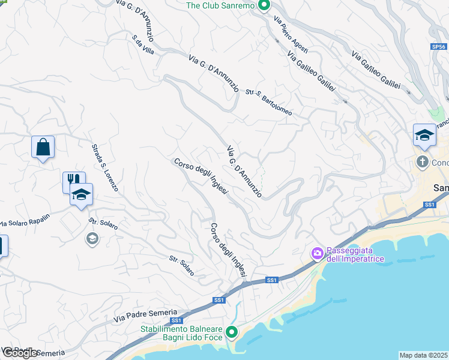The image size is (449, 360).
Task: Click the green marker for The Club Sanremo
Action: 264,6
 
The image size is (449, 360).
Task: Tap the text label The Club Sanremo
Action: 221,6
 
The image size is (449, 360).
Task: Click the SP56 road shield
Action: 439,46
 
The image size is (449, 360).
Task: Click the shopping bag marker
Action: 43,147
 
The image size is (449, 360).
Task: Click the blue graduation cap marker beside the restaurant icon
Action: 81,194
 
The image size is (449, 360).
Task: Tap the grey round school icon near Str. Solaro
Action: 92,239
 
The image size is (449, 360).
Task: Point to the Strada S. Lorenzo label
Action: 105,167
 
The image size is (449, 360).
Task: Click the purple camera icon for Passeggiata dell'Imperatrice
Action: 316,254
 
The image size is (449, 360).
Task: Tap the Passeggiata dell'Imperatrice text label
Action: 355,255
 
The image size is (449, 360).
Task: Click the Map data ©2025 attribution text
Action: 424,355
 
